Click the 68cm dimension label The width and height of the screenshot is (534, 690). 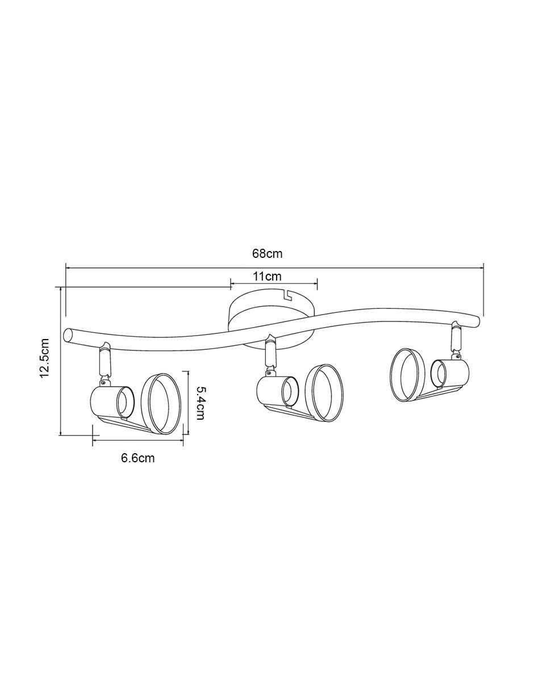pos(267,254)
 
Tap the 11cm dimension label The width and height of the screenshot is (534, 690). pos(267,277)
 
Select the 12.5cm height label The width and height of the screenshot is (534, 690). pos(44,358)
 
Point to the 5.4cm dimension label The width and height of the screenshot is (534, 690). pos(199,403)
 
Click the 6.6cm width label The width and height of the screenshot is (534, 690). pos(138,458)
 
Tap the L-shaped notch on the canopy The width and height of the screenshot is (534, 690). pos(288,294)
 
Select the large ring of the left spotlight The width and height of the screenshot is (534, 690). pos(161,404)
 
